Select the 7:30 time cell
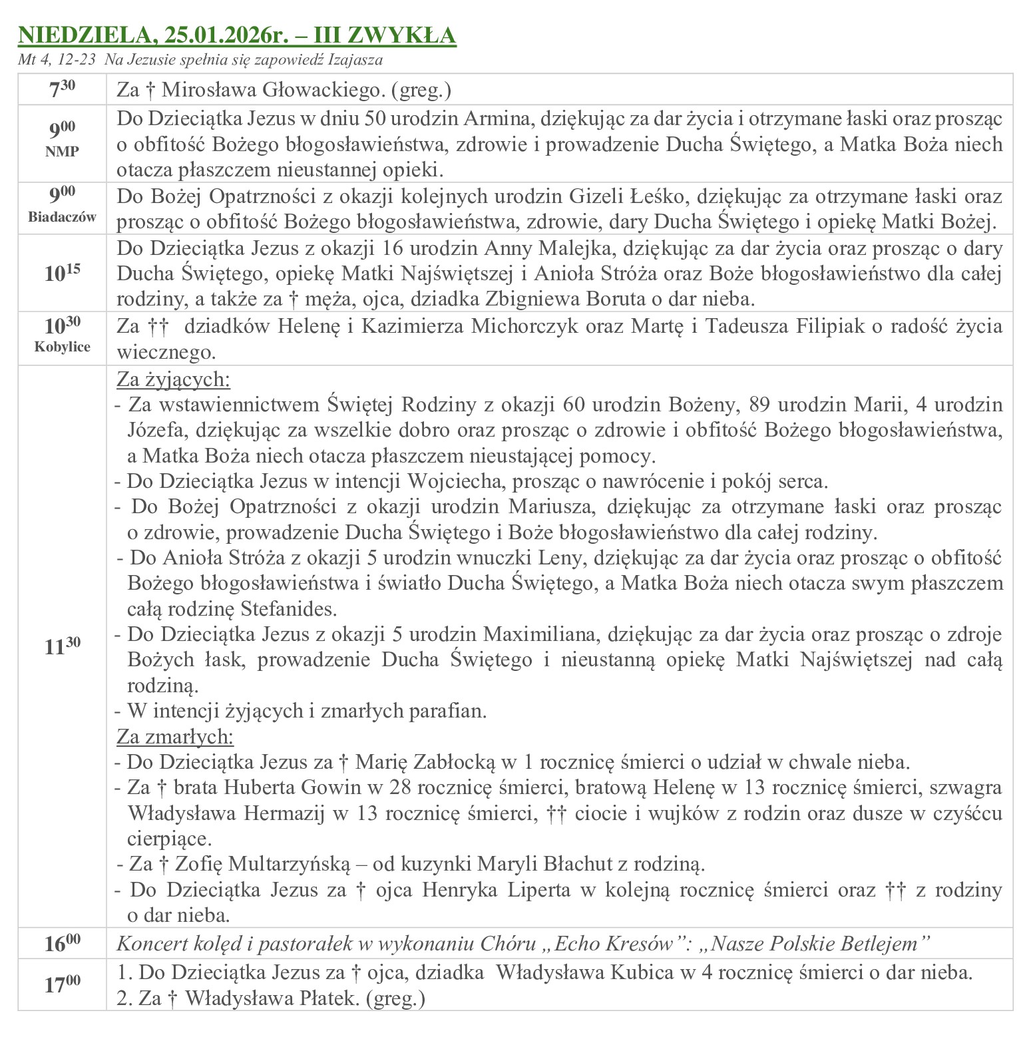(62, 89)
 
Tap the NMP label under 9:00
(62, 151)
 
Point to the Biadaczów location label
(62, 216)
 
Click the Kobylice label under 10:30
(62, 347)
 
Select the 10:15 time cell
(62, 273)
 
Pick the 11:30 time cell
(62, 646)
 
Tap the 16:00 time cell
(62, 943)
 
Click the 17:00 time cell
(62, 985)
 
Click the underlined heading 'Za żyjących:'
(174, 379)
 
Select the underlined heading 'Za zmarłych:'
(175, 737)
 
